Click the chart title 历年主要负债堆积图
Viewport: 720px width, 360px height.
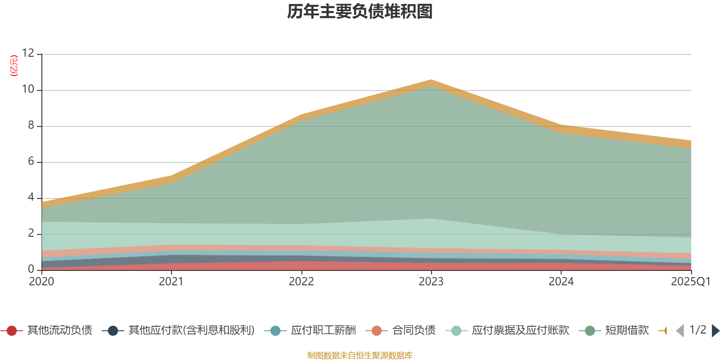click(360, 12)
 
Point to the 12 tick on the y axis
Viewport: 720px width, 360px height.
click(28, 53)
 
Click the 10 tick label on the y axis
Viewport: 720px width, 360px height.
click(28, 89)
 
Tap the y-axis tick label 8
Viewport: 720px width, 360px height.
click(31, 125)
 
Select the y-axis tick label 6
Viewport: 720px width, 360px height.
click(31, 161)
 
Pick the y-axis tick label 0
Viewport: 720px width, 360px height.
click(31, 269)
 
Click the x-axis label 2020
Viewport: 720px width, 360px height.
click(41, 282)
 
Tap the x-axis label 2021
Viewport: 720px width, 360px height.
click(171, 282)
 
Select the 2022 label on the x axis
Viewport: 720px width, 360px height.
click(301, 282)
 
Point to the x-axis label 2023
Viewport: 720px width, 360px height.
click(431, 282)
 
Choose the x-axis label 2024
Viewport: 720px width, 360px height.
click(561, 282)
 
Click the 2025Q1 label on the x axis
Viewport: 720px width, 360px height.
click(690, 282)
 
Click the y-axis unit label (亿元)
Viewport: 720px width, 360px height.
click(14, 66)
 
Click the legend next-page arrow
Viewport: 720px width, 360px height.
click(715, 331)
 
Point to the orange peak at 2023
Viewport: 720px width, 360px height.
click(431, 82)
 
